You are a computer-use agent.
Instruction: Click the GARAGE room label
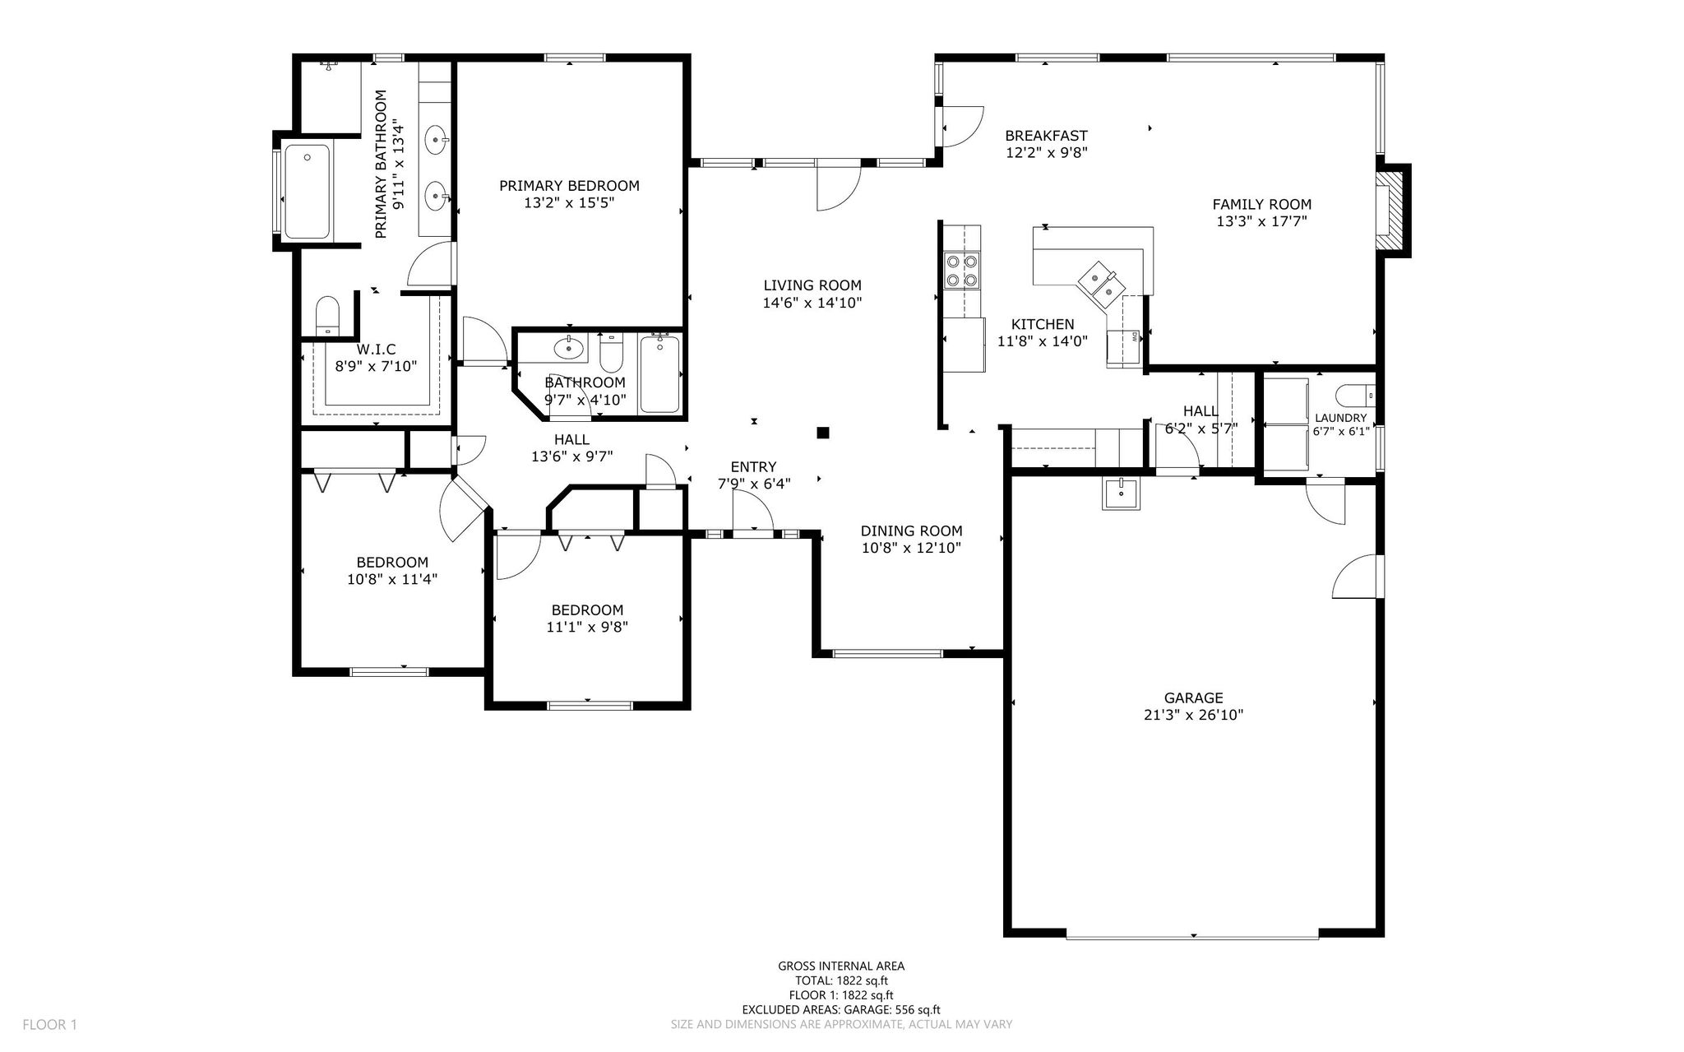tap(1193, 698)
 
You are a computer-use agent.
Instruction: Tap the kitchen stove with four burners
tap(962, 271)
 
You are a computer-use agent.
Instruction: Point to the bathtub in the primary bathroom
tap(307, 192)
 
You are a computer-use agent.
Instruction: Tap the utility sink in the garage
tap(1121, 494)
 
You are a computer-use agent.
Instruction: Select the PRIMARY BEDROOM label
tap(569, 186)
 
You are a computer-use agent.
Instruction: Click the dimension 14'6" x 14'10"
tap(812, 303)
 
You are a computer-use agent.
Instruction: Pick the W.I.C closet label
tap(376, 350)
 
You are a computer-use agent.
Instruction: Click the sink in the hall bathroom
tap(567, 349)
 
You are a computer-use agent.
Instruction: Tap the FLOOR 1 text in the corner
tap(49, 1025)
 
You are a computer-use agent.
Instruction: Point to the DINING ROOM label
tap(911, 531)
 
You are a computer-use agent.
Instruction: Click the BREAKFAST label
tap(1046, 136)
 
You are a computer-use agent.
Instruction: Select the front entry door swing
tap(753, 510)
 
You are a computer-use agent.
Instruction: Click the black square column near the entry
tap(822, 433)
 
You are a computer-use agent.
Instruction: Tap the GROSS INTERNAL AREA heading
tap(841, 966)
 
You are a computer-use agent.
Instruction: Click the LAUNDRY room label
tap(1341, 418)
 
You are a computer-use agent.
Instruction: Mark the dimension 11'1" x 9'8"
tap(587, 627)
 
